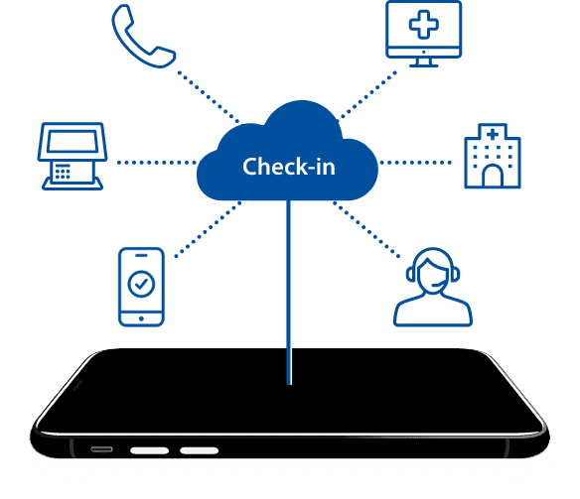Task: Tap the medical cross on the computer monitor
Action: [423, 25]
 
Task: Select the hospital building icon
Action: [493, 156]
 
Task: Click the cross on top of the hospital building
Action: [493, 134]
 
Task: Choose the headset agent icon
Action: [433, 287]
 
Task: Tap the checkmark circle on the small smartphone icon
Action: [141, 284]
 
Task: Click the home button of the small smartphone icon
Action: [141, 318]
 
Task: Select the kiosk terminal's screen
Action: [72, 141]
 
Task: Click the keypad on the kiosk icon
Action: [63, 172]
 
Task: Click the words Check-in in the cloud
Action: [289, 167]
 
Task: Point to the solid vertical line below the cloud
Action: [289, 293]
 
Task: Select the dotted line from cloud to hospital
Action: [416, 162]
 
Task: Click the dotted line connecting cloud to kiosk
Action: [157, 162]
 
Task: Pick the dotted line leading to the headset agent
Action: [366, 229]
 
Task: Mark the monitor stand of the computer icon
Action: [423, 62]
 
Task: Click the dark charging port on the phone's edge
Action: [101, 449]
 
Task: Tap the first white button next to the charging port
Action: [149, 450]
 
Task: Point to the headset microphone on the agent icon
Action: [438, 284]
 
